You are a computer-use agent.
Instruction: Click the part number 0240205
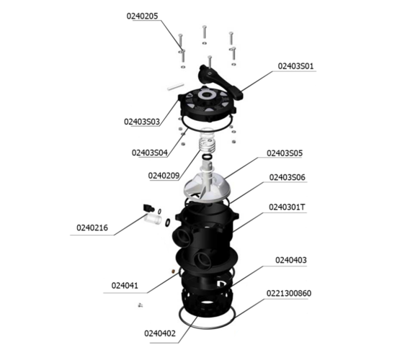point(142,16)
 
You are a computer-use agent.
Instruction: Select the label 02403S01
point(295,66)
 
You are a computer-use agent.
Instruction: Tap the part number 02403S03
point(142,122)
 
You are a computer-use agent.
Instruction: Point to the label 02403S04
point(150,153)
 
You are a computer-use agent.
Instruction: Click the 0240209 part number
point(164,176)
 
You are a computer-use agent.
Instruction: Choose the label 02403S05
point(285,153)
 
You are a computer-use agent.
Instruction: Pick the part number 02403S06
point(288,177)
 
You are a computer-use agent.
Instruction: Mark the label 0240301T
point(287,207)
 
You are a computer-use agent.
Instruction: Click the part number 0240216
point(92,228)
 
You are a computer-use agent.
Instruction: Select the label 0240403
point(291,260)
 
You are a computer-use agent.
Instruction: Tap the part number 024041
point(125,286)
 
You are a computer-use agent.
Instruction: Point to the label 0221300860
point(289,294)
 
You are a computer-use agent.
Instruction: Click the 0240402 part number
point(160,333)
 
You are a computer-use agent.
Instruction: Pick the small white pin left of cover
point(175,86)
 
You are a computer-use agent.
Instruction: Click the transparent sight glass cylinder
point(153,219)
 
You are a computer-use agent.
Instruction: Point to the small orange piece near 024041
point(173,271)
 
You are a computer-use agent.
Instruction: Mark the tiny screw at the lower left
point(140,305)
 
